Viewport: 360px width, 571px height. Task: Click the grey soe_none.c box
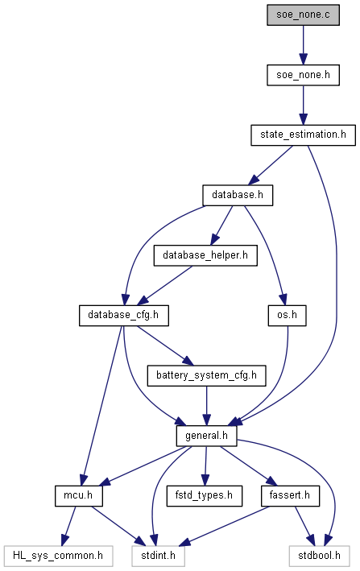[303, 15]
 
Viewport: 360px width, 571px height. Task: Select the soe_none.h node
[303, 75]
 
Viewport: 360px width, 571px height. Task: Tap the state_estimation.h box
[303, 135]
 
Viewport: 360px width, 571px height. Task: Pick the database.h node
[238, 195]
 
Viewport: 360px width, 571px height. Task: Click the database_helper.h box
[205, 255]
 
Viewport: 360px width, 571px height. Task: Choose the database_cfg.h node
[124, 316]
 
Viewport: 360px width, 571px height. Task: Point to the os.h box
[287, 316]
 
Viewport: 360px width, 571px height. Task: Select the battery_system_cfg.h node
[206, 375]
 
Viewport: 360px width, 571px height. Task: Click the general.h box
[206, 436]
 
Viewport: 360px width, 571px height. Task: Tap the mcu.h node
[79, 495]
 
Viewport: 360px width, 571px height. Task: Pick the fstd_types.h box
[205, 495]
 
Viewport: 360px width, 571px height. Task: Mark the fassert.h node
[290, 495]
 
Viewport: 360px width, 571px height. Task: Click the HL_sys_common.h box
[58, 556]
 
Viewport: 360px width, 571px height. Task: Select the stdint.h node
[159, 556]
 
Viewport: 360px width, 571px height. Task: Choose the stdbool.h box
[319, 556]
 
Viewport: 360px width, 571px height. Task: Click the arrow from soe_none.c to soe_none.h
[303, 45]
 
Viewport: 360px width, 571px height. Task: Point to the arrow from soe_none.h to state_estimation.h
[303, 106]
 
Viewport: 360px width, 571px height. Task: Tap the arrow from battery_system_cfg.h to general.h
[206, 406]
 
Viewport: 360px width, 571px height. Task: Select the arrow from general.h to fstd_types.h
[205, 465]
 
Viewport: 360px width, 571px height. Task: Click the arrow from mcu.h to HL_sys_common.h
[69, 526]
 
